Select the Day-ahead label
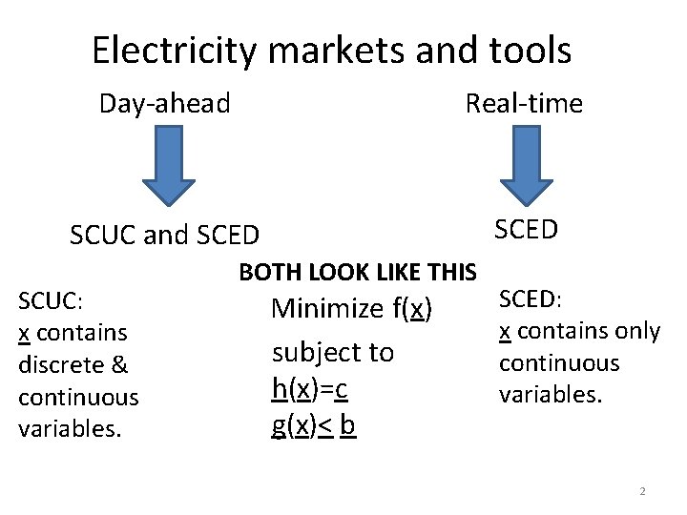pos(165,103)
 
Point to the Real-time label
pos(524,103)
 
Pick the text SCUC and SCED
pos(164,235)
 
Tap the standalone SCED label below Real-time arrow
pos(526,229)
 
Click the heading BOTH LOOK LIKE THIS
pos(358,273)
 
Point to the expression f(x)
pos(411,308)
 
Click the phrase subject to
pos(333,352)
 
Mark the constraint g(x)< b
pos(314,425)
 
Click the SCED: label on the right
pos(531,299)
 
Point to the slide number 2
pos(642,491)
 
